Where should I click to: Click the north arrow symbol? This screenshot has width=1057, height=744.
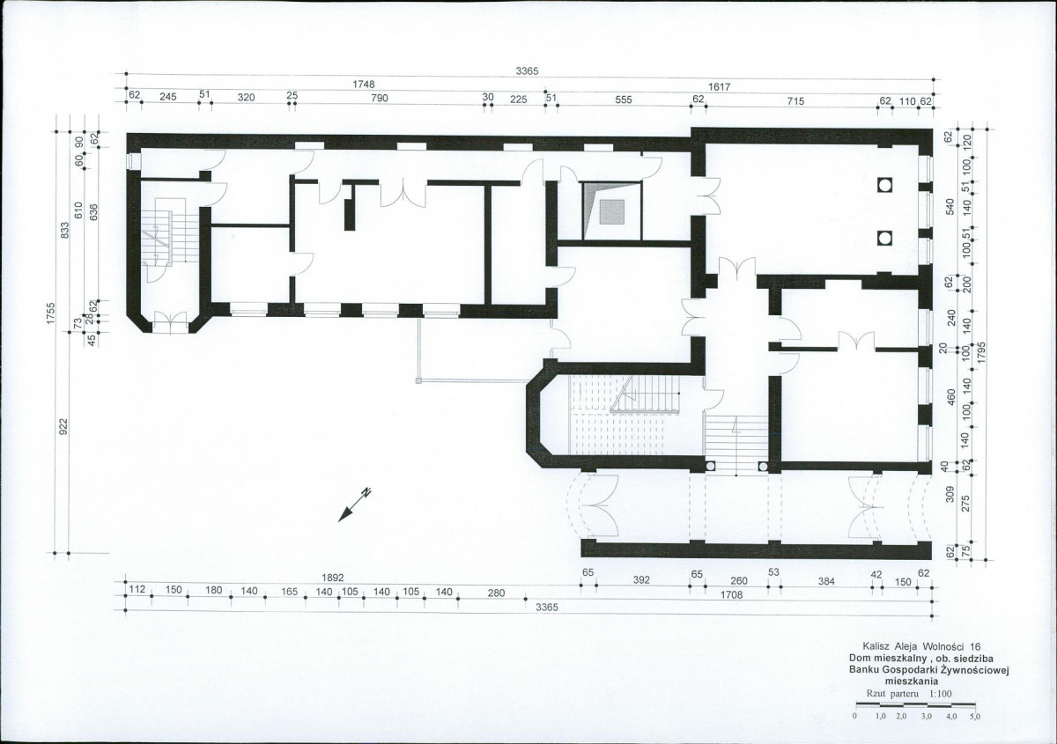pos(354,505)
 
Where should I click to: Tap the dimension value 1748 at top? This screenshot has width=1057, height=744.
pos(363,85)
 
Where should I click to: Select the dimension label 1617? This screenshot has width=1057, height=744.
pos(719,87)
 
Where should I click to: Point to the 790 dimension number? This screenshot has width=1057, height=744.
pos(380,98)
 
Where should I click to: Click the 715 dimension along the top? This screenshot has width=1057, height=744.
pos(795,101)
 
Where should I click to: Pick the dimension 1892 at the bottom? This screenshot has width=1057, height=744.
pos(333,578)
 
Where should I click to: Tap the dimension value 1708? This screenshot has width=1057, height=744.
pos(731,595)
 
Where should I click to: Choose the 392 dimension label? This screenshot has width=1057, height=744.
pos(641,580)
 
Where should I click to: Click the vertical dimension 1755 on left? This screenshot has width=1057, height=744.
pos(51,313)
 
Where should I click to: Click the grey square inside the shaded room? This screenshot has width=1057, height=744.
pos(612,212)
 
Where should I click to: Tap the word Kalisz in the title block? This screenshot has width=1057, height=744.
pos(876,647)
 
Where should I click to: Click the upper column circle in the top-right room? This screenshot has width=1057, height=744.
pos(884,185)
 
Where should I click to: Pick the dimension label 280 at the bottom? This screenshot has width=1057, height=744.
pos(496,593)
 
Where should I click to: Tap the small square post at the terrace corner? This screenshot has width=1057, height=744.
pos(418,380)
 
